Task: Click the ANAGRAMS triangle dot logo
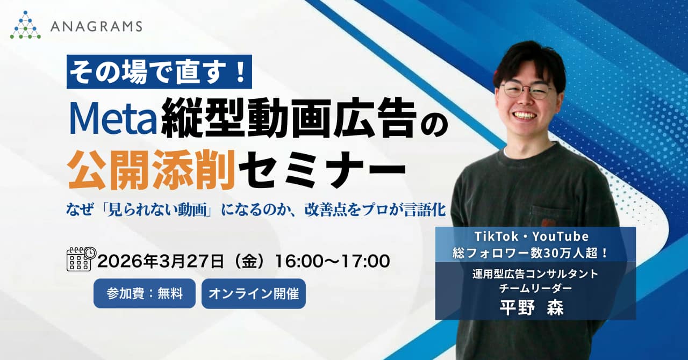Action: (x=25, y=25)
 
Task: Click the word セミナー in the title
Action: (x=321, y=169)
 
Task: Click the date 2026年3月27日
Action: (x=160, y=262)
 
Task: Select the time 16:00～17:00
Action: (x=332, y=262)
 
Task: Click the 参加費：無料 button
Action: (x=145, y=293)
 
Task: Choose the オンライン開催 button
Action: (x=254, y=293)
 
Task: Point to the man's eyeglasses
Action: (x=527, y=90)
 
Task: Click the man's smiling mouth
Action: (x=525, y=115)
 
